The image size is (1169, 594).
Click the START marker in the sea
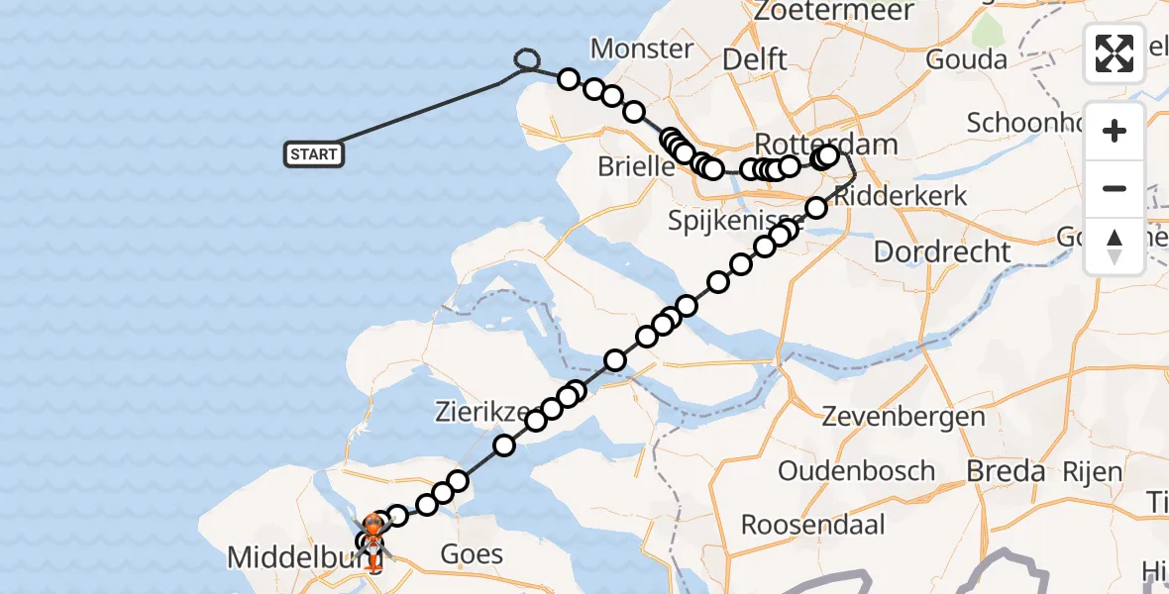(x=314, y=154)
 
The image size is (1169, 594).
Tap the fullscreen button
(x=1115, y=53)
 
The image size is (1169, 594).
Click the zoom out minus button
(x=1115, y=188)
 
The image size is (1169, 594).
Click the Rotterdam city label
(x=825, y=143)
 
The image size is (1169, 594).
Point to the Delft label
(x=754, y=58)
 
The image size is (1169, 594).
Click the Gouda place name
(x=966, y=59)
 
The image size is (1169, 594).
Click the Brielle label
(x=636, y=166)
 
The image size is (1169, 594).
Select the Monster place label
(x=641, y=49)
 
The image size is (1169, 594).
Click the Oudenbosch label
(x=856, y=470)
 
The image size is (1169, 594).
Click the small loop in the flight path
(x=527, y=62)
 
